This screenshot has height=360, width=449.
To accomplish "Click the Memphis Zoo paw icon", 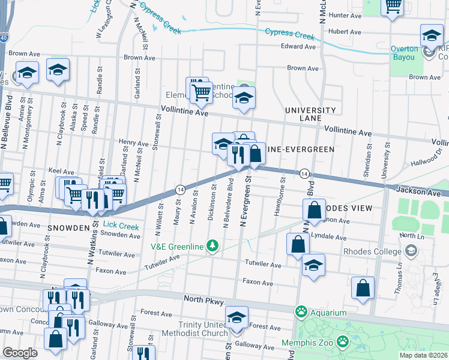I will pos(342,341).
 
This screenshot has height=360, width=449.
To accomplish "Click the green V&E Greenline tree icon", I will pos(211,245).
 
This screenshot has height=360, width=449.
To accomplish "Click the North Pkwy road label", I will pos(188,298).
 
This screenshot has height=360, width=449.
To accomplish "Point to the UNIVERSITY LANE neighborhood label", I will pos(310,115).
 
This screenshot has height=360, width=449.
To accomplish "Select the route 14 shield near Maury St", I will pos(179,189).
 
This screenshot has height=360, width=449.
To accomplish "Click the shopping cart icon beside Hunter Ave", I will pos(393,7).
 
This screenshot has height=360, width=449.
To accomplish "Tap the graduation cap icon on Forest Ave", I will pos(237,317).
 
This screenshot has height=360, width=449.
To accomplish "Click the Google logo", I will pos(20,353).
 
